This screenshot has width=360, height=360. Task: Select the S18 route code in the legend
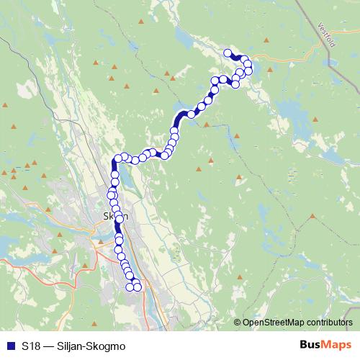click(30, 346)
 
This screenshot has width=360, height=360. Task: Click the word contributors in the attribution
click(330, 323)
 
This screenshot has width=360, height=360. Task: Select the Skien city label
click(115, 216)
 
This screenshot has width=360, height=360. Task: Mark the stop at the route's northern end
click(228, 53)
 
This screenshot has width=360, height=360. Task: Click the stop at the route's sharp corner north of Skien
click(117, 159)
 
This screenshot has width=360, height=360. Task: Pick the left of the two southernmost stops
click(130, 287)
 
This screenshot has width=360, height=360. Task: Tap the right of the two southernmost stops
click(138, 288)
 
